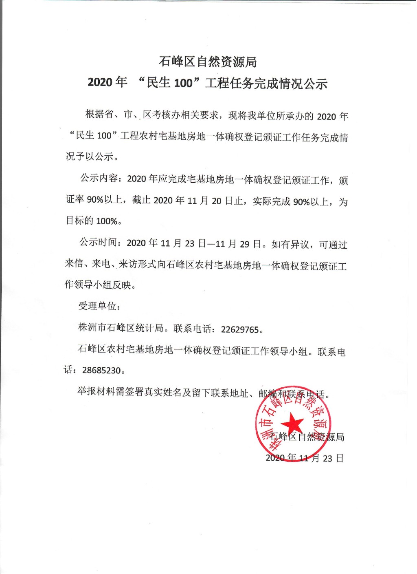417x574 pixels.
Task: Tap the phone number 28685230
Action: [x=101, y=370]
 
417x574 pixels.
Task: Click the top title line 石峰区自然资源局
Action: [x=208, y=62]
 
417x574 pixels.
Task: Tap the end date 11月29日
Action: [x=238, y=244]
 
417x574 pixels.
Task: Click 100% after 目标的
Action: [x=107, y=221]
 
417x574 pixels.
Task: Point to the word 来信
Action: [x=74, y=264]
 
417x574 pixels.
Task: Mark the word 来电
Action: [x=101, y=264]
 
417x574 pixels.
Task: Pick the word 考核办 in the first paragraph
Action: [x=166, y=115]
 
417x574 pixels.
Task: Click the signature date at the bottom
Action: [x=305, y=458]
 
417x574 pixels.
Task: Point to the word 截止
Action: [x=141, y=200]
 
